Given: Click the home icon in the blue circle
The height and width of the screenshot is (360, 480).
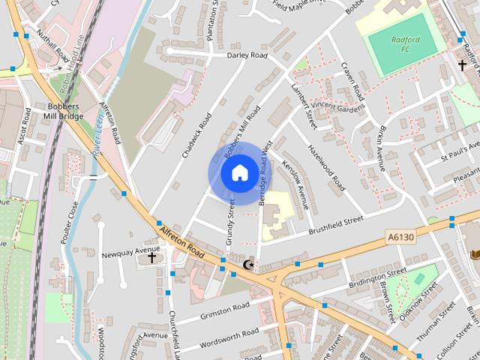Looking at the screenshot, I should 238,173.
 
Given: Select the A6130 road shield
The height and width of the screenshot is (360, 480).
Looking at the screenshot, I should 401,237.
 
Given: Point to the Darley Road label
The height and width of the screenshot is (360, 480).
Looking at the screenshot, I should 247,55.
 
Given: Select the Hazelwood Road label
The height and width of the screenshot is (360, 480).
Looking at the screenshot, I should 327,166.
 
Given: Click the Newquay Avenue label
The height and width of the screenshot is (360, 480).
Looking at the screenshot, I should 131,249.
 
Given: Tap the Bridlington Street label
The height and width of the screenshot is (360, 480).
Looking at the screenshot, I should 377,277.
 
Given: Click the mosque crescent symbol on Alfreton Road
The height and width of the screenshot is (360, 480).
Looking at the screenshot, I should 249,264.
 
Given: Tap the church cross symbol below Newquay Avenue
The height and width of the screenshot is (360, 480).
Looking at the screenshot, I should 151,258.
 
